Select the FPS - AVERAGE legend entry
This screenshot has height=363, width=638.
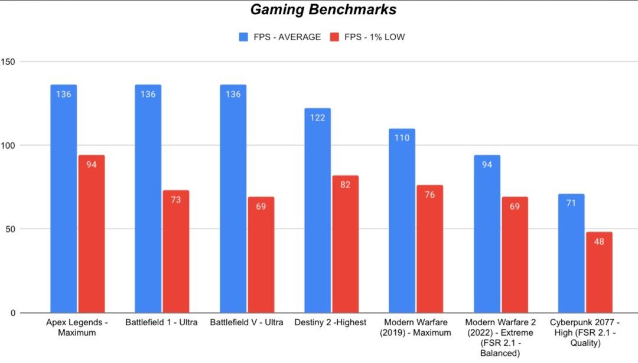point(279,37)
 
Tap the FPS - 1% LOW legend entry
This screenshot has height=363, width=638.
point(367,37)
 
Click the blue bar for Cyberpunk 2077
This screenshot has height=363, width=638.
point(571,253)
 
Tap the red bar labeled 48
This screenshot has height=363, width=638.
point(599,272)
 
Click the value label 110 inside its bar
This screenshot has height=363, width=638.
point(402,138)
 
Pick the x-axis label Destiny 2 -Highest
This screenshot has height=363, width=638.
point(336,322)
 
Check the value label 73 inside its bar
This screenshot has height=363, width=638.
point(176,200)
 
